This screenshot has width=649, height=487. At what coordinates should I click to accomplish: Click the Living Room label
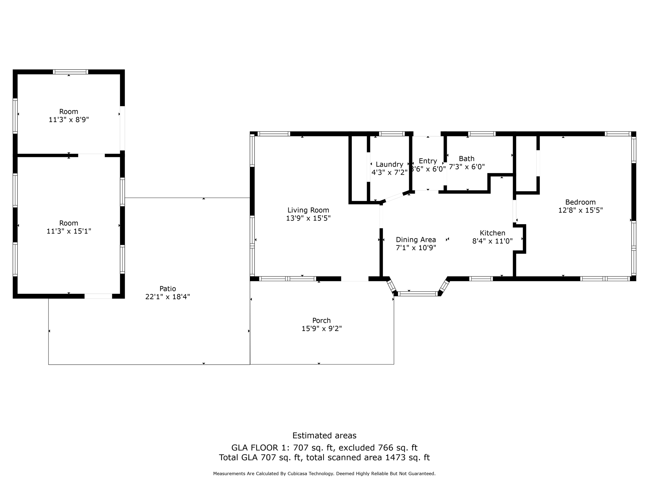click(x=308, y=210)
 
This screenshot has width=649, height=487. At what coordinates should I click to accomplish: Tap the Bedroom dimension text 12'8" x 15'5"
click(x=580, y=210)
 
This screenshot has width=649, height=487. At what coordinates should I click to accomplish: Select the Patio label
click(x=167, y=289)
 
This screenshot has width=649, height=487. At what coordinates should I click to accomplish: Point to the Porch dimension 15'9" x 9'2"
click(x=321, y=328)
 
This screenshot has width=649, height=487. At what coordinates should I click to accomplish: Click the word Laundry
click(x=389, y=164)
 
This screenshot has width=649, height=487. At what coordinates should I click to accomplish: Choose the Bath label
click(x=466, y=159)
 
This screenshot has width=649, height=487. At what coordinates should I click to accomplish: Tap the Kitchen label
click(x=492, y=233)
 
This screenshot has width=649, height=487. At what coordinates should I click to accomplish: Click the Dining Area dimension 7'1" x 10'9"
click(x=416, y=248)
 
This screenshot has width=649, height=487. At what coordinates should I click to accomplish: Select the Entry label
click(x=427, y=161)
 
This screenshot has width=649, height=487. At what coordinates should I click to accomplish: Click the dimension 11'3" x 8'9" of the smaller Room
click(x=68, y=120)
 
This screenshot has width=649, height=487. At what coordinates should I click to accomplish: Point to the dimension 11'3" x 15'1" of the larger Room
click(x=68, y=231)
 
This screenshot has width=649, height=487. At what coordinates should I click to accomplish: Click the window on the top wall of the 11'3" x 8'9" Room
click(x=70, y=72)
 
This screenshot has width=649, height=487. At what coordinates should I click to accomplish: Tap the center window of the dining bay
click(x=418, y=294)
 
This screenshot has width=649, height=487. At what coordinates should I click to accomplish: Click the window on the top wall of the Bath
click(x=481, y=134)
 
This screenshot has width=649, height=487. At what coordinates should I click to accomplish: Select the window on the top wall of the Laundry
click(x=392, y=134)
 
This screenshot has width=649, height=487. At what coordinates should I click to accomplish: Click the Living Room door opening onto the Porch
click(x=355, y=279)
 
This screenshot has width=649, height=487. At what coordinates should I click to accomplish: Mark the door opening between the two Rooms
click(x=91, y=155)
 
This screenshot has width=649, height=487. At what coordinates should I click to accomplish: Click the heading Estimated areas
click(x=324, y=435)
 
